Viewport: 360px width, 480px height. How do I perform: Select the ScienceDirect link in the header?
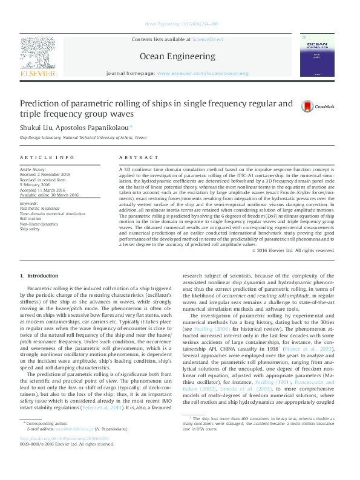(208, 39)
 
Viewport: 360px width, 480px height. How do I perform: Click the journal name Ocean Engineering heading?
(177, 56)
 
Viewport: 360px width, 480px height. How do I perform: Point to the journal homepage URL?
(203, 73)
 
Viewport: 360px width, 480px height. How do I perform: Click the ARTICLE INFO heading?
(43, 157)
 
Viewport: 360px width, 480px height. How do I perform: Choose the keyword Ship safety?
(31, 229)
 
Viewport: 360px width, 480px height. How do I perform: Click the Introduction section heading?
(43, 276)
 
